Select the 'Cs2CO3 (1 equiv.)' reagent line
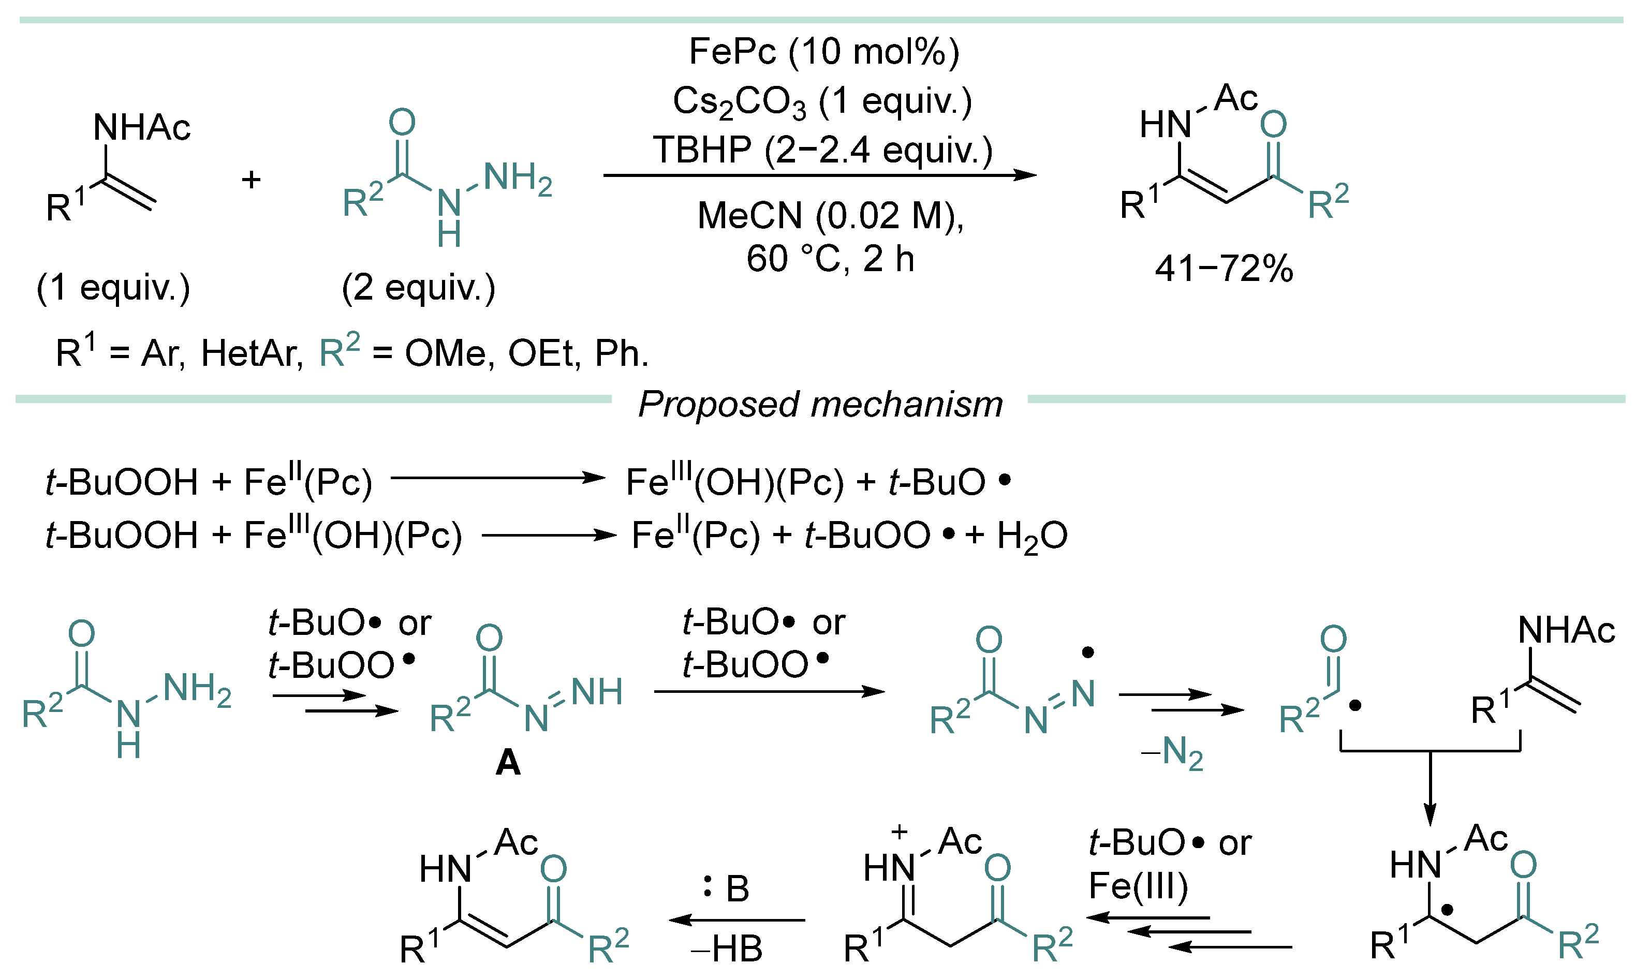[822, 103]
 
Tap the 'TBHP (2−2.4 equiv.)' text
[822, 151]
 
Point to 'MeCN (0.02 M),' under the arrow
[830, 216]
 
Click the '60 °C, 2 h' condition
[830, 259]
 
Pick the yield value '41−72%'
[1224, 269]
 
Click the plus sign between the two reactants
[251, 180]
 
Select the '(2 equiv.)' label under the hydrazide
[418, 288]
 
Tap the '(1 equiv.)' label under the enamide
[113, 288]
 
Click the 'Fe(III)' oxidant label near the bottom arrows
[1138, 885]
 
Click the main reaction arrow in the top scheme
[818, 175]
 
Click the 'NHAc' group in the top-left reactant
[141, 127]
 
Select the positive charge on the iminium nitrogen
[898, 832]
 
